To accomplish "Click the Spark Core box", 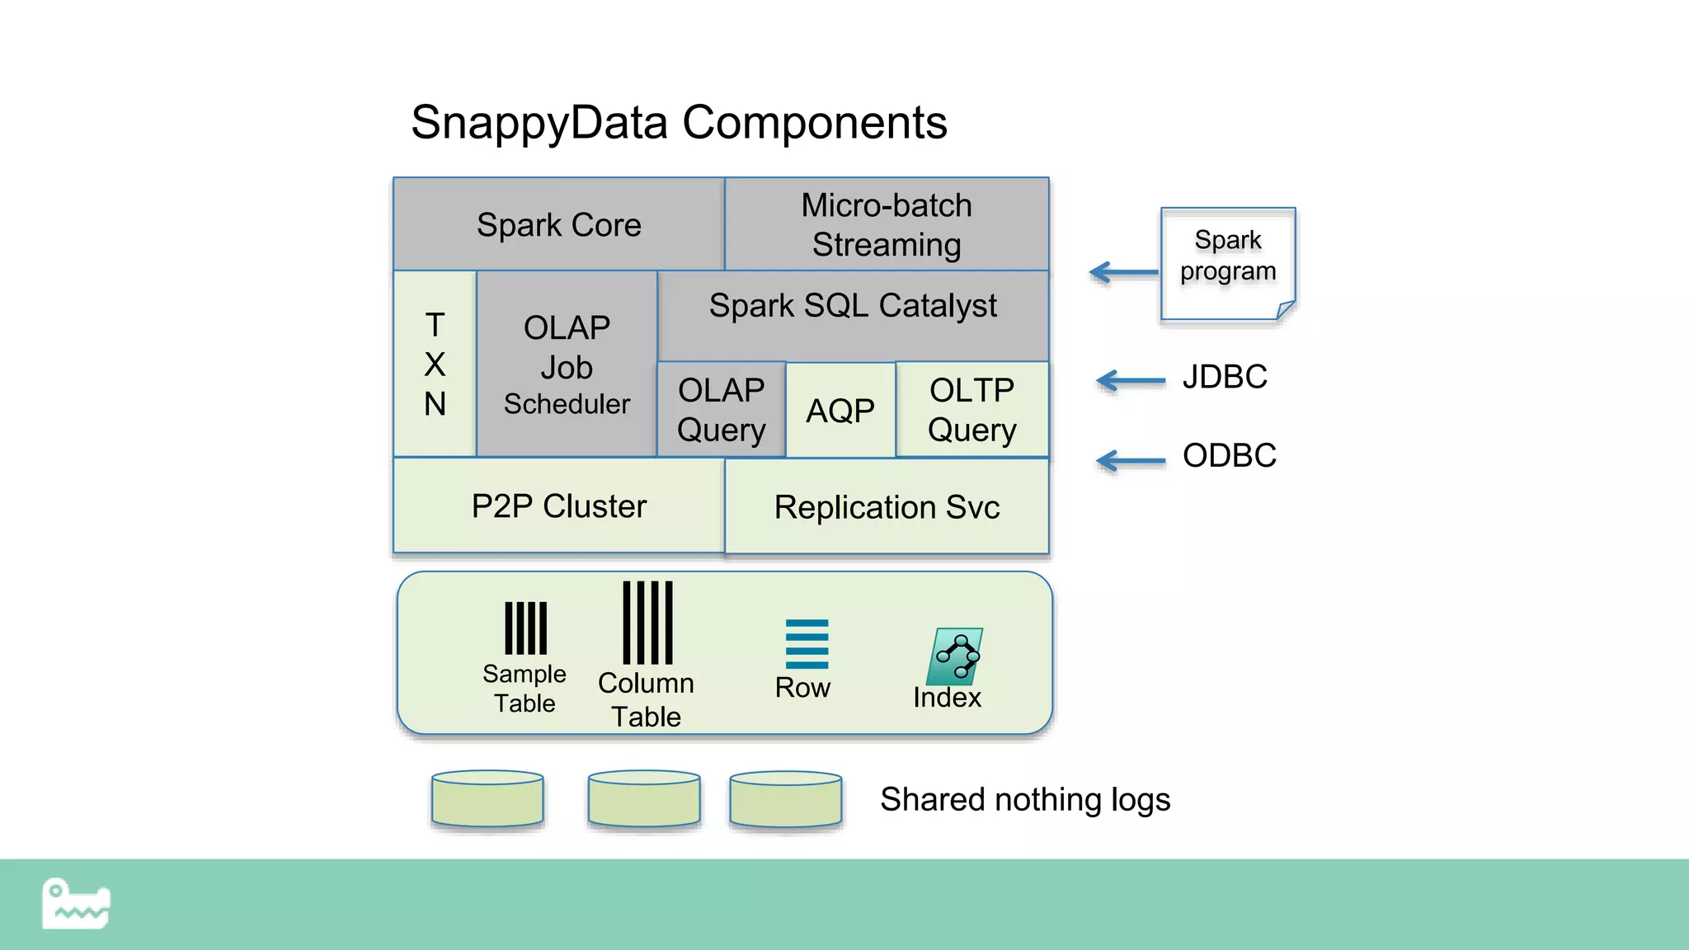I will (x=558, y=224).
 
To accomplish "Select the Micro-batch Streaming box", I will (x=887, y=224).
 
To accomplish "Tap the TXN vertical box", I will (x=435, y=364).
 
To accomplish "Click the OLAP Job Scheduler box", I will (x=567, y=364).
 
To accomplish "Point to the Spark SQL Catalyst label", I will (x=853, y=306).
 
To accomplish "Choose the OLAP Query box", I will (x=721, y=409).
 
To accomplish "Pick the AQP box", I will (x=840, y=410).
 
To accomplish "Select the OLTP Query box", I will (x=972, y=409).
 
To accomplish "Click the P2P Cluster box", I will (x=558, y=506).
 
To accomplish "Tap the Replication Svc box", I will (x=887, y=506).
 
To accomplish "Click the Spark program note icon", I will (x=1227, y=262).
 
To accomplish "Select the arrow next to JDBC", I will (x=1130, y=380).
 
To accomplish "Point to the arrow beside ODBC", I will (x=1130, y=460).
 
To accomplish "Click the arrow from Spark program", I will (x=1123, y=271).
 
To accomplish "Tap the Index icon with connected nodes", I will (x=955, y=656).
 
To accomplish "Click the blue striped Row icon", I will (x=807, y=644).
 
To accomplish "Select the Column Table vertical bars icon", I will (x=647, y=623).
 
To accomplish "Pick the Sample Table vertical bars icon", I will (x=525, y=628).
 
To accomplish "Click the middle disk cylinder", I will (x=644, y=798).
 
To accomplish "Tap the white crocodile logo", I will (x=75, y=904).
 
